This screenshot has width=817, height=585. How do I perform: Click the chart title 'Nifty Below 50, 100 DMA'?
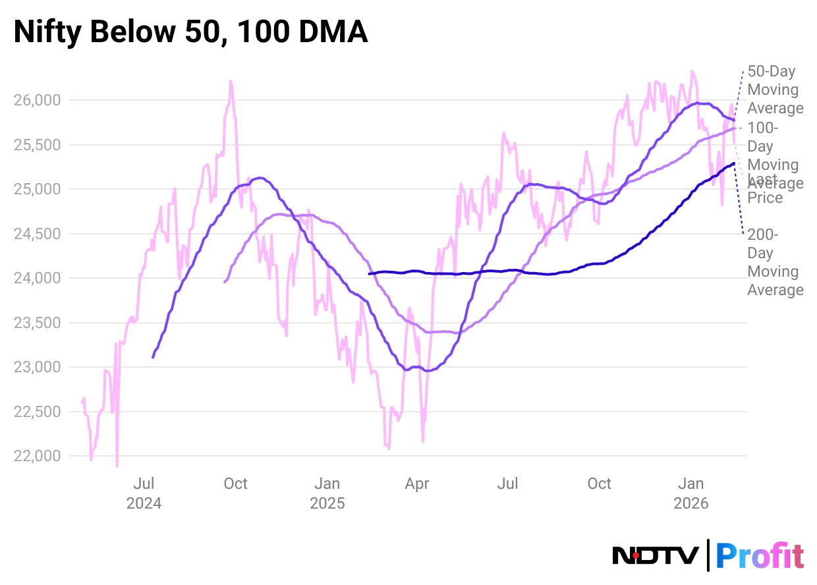coord(190,32)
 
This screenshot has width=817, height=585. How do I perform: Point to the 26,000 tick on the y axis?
coord(38,100)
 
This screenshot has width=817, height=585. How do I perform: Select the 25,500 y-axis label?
coord(38,145)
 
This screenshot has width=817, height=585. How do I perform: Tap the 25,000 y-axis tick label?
coord(38,189)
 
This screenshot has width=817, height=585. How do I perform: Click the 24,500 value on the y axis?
coord(38,234)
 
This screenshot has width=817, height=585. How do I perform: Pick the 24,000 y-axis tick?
coord(38,278)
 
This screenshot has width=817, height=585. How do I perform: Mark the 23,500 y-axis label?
coord(38,323)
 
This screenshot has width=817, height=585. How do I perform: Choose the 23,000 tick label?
coord(38,367)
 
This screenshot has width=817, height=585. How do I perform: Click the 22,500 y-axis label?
coord(38,412)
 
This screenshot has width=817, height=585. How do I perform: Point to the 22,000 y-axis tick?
coord(38,456)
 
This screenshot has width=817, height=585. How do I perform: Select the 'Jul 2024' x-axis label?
coord(144,493)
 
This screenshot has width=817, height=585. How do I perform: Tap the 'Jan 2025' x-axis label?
coord(327,493)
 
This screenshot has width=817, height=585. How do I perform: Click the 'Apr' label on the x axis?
coord(417,484)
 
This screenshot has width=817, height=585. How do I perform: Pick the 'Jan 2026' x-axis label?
coord(690,493)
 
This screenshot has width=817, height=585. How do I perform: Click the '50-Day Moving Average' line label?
coord(775,90)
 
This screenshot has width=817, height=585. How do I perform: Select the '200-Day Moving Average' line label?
coord(775,262)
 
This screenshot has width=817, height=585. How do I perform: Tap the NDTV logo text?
coord(656,555)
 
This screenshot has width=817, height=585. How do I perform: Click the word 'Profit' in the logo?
coord(759,555)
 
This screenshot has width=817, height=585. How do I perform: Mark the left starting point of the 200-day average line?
coord(369,273)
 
